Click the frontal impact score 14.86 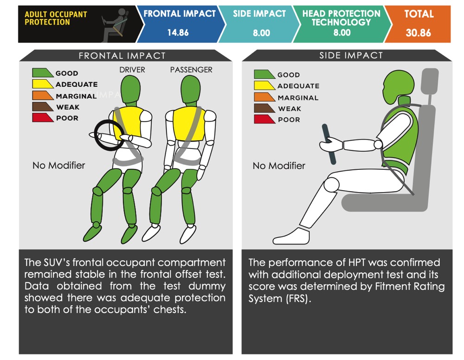[x=178, y=32]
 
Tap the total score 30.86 [x=418, y=32]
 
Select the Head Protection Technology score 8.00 [x=342, y=32]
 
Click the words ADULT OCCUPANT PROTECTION [x=56, y=18]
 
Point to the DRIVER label [x=132, y=70]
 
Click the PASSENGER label [x=191, y=70]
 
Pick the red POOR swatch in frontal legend [x=43, y=117]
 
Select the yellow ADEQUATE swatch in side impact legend [x=264, y=85]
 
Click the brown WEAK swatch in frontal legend [x=43, y=107]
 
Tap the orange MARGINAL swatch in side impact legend [x=264, y=97]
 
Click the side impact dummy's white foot [x=291, y=236]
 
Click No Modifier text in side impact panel [x=279, y=166]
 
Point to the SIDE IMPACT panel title [x=351, y=55]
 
